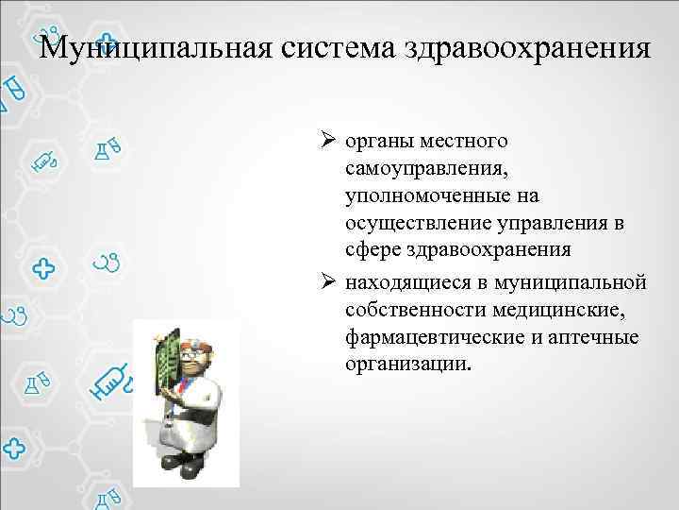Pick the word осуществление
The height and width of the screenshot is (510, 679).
pos(410,223)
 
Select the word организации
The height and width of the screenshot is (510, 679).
pos(406,364)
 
